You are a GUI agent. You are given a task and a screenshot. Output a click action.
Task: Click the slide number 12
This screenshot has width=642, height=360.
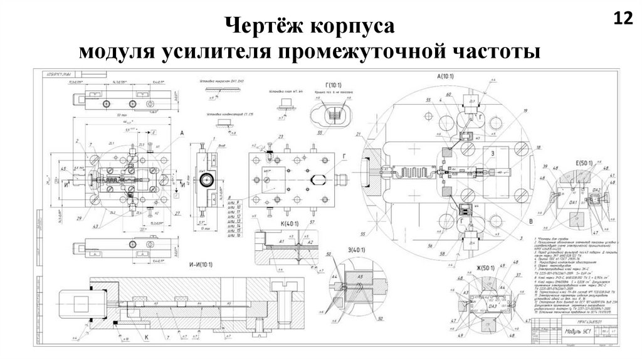(x=623, y=18)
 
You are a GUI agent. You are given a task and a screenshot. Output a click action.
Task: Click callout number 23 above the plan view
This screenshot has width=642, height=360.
(x=282, y=136)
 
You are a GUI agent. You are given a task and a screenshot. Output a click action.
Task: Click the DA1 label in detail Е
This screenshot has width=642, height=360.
(x=573, y=203)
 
